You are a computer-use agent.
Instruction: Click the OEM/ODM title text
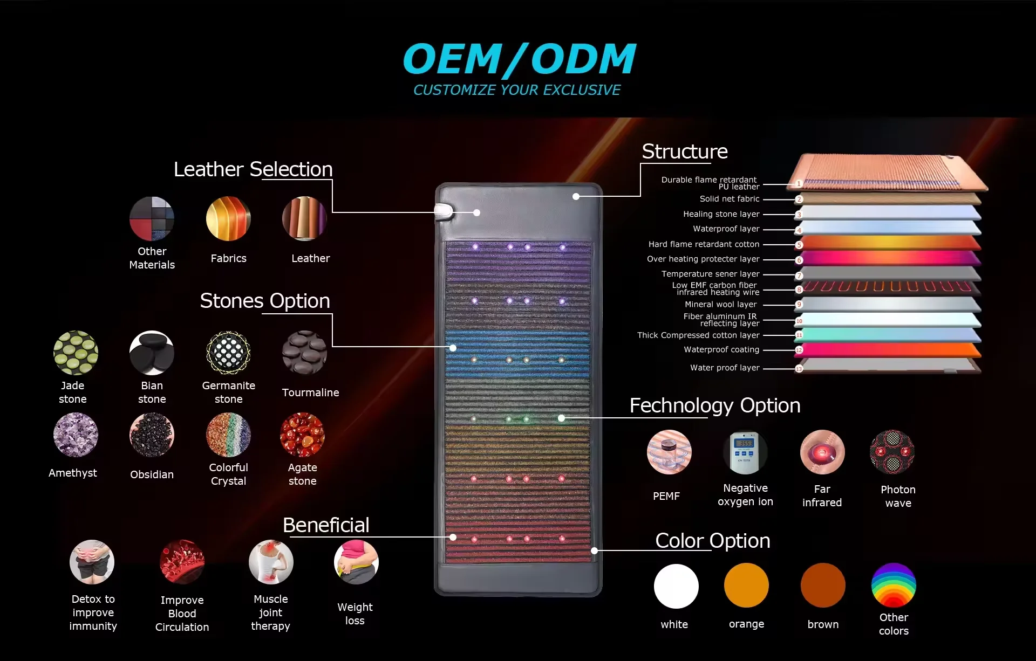coord(519,59)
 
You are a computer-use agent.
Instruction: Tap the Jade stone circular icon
coord(76,353)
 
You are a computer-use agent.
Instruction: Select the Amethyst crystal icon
coord(76,435)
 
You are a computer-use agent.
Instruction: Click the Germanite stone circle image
coord(228,353)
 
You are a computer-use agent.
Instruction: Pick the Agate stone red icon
coord(302,435)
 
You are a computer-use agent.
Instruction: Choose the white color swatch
coord(676,586)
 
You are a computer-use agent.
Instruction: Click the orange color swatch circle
coord(746,586)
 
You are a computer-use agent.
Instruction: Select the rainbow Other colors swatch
coord(894,586)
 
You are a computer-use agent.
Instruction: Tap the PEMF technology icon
coord(669,452)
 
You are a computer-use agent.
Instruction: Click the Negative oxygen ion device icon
coord(745,452)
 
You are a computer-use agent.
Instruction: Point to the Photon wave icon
coord(892,452)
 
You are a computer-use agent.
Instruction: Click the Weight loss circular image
coord(356,562)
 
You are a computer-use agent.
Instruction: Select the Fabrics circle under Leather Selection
coord(228,219)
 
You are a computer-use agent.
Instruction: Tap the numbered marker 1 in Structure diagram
coord(799,184)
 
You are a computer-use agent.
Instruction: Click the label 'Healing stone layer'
coord(721,214)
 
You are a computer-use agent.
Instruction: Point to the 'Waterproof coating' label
coord(721,349)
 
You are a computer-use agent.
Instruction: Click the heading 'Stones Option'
coord(265,301)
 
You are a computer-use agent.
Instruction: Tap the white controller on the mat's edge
coord(444,211)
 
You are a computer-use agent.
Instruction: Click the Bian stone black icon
coord(152,353)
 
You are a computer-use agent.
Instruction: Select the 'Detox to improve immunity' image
coord(92,562)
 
